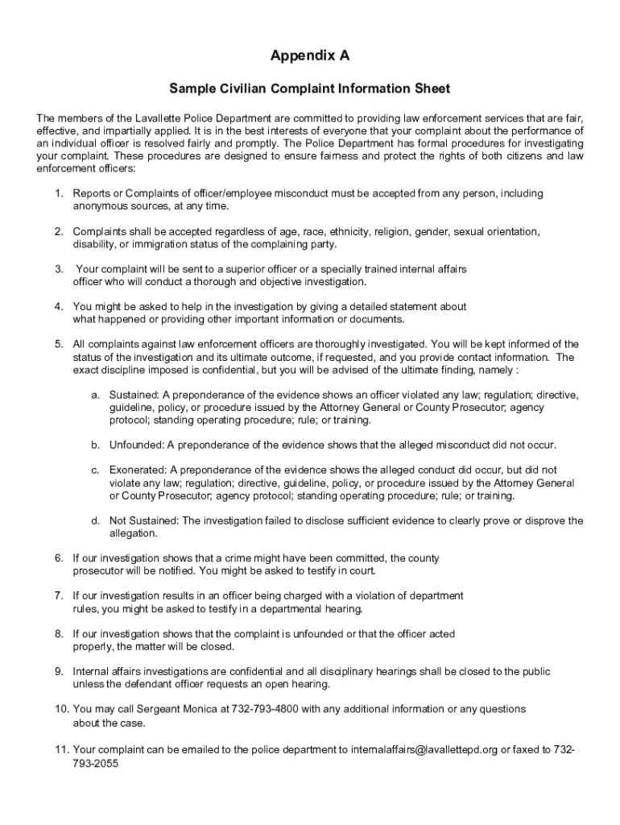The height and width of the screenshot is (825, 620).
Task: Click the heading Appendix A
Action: tap(310, 56)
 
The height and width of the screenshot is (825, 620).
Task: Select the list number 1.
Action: tap(59, 193)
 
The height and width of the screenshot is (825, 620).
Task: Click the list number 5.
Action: tap(59, 344)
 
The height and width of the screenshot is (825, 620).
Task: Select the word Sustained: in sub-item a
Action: tap(134, 395)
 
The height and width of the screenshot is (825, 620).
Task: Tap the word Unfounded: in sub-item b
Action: tap(136, 445)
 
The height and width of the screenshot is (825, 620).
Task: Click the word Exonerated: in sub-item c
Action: tap(138, 470)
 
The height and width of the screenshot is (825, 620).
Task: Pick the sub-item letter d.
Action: tap(94, 520)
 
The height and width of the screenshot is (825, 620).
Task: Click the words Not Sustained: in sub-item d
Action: tap(144, 520)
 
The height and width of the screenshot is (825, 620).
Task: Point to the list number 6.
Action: tap(59, 558)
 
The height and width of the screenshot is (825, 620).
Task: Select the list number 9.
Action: tap(59, 671)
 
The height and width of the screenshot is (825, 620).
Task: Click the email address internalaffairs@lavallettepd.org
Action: tap(424, 748)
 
